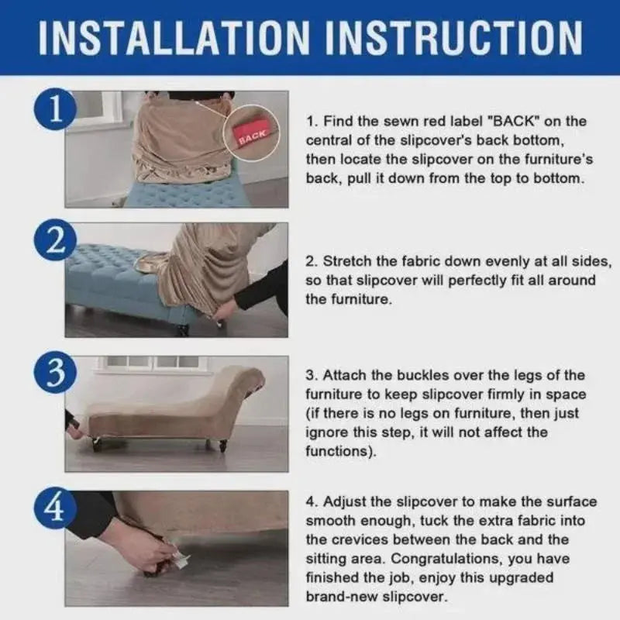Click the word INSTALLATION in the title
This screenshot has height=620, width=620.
(x=174, y=37)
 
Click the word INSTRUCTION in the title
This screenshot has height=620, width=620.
(x=453, y=37)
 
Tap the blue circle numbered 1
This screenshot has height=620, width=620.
(x=56, y=109)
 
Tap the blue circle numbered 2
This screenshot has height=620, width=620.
(x=56, y=241)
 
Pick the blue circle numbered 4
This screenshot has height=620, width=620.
(x=56, y=508)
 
